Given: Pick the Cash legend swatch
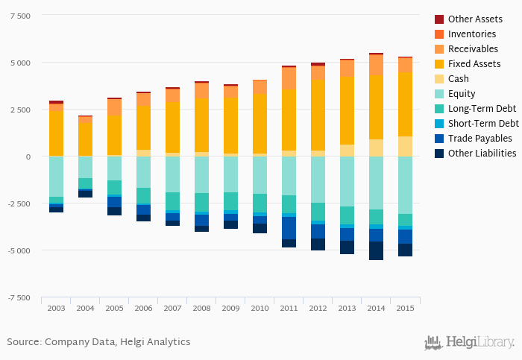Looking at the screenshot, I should click(439, 78).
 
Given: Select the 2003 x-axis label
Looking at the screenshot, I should click(56, 308).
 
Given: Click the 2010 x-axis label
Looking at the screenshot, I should click(260, 308).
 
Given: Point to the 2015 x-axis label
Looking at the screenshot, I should click(405, 308).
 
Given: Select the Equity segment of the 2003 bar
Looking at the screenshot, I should click(56, 176).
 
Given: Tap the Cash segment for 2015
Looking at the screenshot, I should click(405, 146).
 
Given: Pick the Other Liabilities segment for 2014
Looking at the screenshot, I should click(376, 250).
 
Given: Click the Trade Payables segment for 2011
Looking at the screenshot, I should click(289, 228).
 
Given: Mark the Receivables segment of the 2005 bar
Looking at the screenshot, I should click(114, 107).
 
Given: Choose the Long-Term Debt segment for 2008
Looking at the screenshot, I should click(201, 202).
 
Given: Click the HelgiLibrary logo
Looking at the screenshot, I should click(469, 342).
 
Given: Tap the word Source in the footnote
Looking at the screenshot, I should click(23, 341).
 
